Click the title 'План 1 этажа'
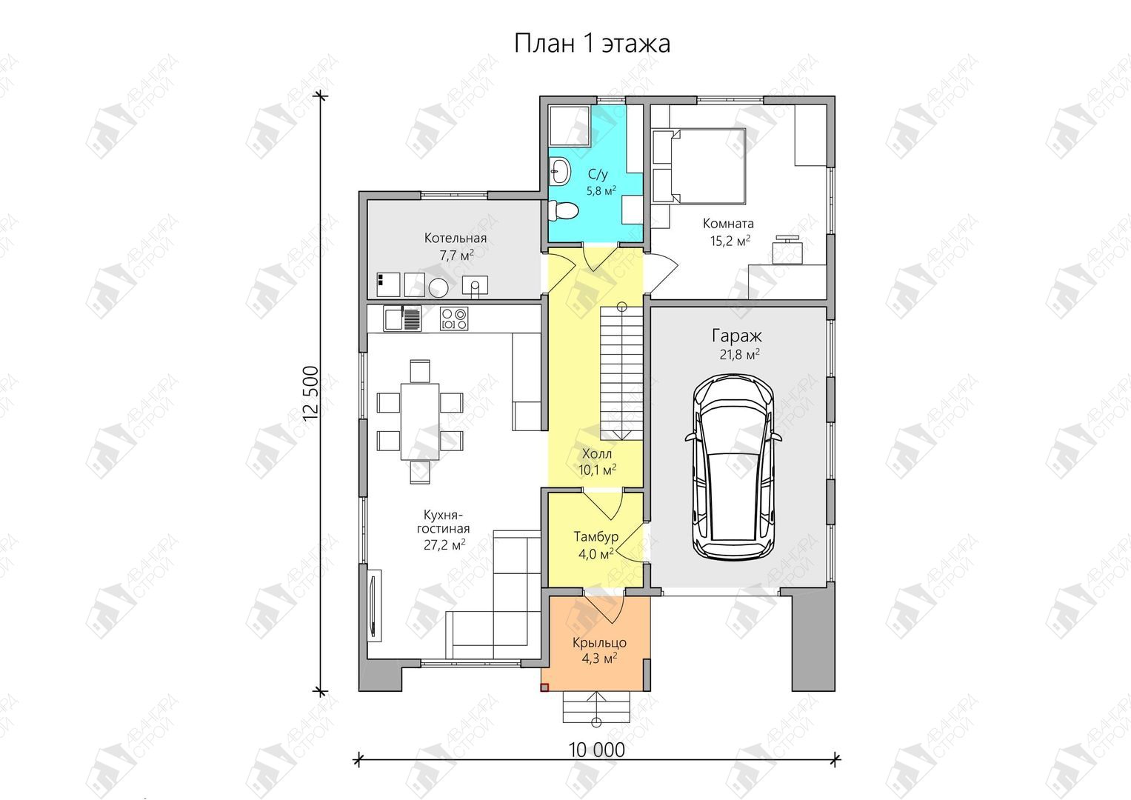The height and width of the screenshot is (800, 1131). point(593,44)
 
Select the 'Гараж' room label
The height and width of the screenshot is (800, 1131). point(737,336)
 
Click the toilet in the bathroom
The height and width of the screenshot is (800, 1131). point(562,210)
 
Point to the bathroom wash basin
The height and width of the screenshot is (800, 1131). point(559,170)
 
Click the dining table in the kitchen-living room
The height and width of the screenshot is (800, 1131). point(420,421)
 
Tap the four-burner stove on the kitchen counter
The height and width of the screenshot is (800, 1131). point(454,319)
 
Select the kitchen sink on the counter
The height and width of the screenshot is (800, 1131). point(402,319)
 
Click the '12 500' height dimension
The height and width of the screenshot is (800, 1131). point(311,393)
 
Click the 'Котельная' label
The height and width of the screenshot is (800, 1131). point(456,238)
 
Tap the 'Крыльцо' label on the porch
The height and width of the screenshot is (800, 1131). point(599,642)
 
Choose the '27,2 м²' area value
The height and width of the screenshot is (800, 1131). point(445,545)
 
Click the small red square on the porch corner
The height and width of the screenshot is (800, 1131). point(544,687)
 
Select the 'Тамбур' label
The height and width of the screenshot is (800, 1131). point(595,536)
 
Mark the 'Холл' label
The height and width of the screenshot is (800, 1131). point(597,453)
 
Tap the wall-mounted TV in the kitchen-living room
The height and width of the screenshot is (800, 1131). point(374,606)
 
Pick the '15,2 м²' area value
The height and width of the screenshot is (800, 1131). point(730,241)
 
